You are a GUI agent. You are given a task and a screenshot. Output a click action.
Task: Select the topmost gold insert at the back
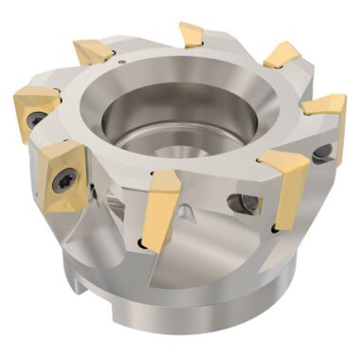(193, 36)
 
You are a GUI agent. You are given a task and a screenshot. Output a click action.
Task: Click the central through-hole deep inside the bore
(189, 142)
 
